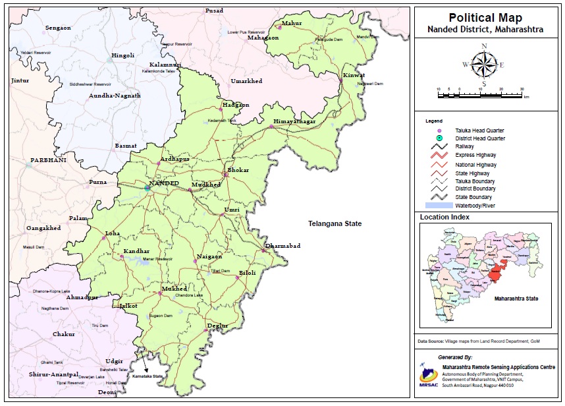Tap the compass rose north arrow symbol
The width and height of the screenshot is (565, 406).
tap(484, 65)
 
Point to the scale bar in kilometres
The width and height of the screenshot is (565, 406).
tap(480, 95)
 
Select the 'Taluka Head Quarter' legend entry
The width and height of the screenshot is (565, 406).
tap(479, 131)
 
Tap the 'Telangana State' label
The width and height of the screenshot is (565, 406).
tap(335, 224)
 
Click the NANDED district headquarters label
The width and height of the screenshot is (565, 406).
tap(164, 183)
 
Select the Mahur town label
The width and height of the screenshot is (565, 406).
tap(292, 23)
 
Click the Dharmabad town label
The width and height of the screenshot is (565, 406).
tap(282, 246)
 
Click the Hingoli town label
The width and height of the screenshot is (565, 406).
tap(123, 55)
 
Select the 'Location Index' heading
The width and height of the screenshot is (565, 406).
tap(444, 217)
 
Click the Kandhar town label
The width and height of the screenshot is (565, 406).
tap(136, 252)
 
